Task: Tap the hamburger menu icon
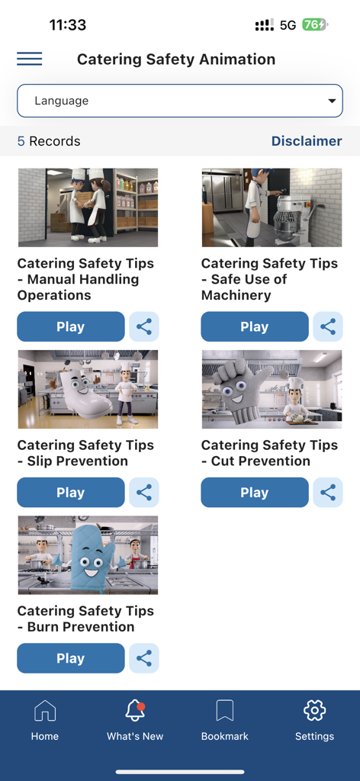(x=30, y=59)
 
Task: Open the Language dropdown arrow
(x=332, y=101)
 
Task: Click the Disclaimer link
(x=307, y=141)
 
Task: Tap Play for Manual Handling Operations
(x=71, y=326)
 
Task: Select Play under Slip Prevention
(x=71, y=493)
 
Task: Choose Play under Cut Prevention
(x=255, y=493)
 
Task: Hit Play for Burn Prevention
(x=71, y=658)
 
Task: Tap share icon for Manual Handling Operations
(x=144, y=326)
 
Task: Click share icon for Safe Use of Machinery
(x=328, y=326)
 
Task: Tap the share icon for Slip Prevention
(x=144, y=493)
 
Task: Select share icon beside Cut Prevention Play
(x=328, y=493)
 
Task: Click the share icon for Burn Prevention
(x=144, y=658)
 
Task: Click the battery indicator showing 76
(x=313, y=24)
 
